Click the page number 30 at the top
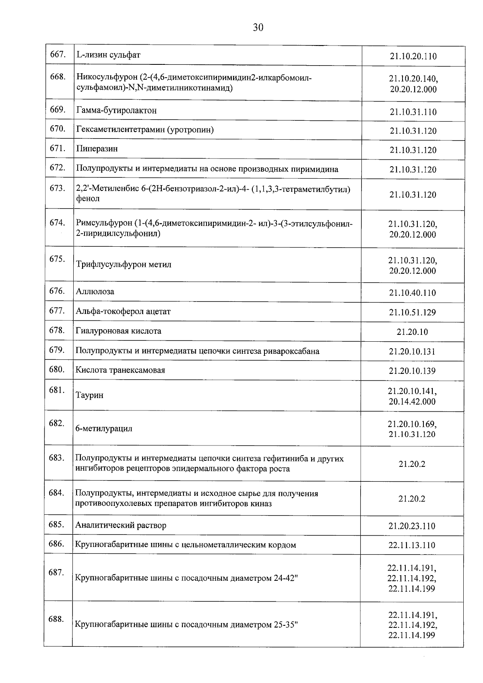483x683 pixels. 258,27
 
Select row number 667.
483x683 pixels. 58,54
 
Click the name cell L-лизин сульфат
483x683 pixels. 108,55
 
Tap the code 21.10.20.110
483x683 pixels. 413,56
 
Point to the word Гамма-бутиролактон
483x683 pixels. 116,110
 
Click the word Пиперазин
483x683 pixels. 97,149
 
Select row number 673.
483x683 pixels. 58,188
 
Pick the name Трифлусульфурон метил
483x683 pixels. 124,264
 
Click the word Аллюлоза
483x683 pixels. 95,291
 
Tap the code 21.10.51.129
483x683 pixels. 413,312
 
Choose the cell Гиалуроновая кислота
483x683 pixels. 118,331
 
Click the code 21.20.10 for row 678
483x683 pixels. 412,332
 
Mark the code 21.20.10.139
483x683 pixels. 412,371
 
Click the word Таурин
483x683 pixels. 89,395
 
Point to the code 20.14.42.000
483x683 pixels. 412,402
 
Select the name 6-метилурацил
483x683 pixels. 104,429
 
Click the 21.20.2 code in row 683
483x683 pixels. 412,464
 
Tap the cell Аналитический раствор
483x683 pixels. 121,525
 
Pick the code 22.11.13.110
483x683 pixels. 412,545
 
